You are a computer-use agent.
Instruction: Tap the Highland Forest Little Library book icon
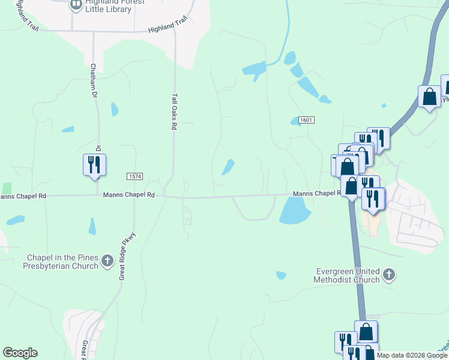[76, 5]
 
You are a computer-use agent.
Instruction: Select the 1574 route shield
[134, 176]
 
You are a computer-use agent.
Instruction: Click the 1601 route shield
[306, 120]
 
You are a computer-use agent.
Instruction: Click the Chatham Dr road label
[94, 80]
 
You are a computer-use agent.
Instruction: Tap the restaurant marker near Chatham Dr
[95, 164]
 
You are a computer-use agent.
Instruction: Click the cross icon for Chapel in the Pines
[107, 260]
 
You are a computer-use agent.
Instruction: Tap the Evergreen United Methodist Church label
[348, 275]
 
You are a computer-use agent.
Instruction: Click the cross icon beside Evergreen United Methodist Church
[388, 275]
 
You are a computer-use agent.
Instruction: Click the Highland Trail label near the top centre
[168, 28]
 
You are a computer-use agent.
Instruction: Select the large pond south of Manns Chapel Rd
[294, 210]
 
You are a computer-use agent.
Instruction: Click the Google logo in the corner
[20, 353]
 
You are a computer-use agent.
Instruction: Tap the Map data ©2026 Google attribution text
[412, 355]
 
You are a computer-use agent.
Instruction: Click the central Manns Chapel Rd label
[129, 195]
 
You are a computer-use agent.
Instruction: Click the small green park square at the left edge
[7, 188]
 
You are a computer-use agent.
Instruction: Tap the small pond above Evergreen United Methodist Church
[281, 275]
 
